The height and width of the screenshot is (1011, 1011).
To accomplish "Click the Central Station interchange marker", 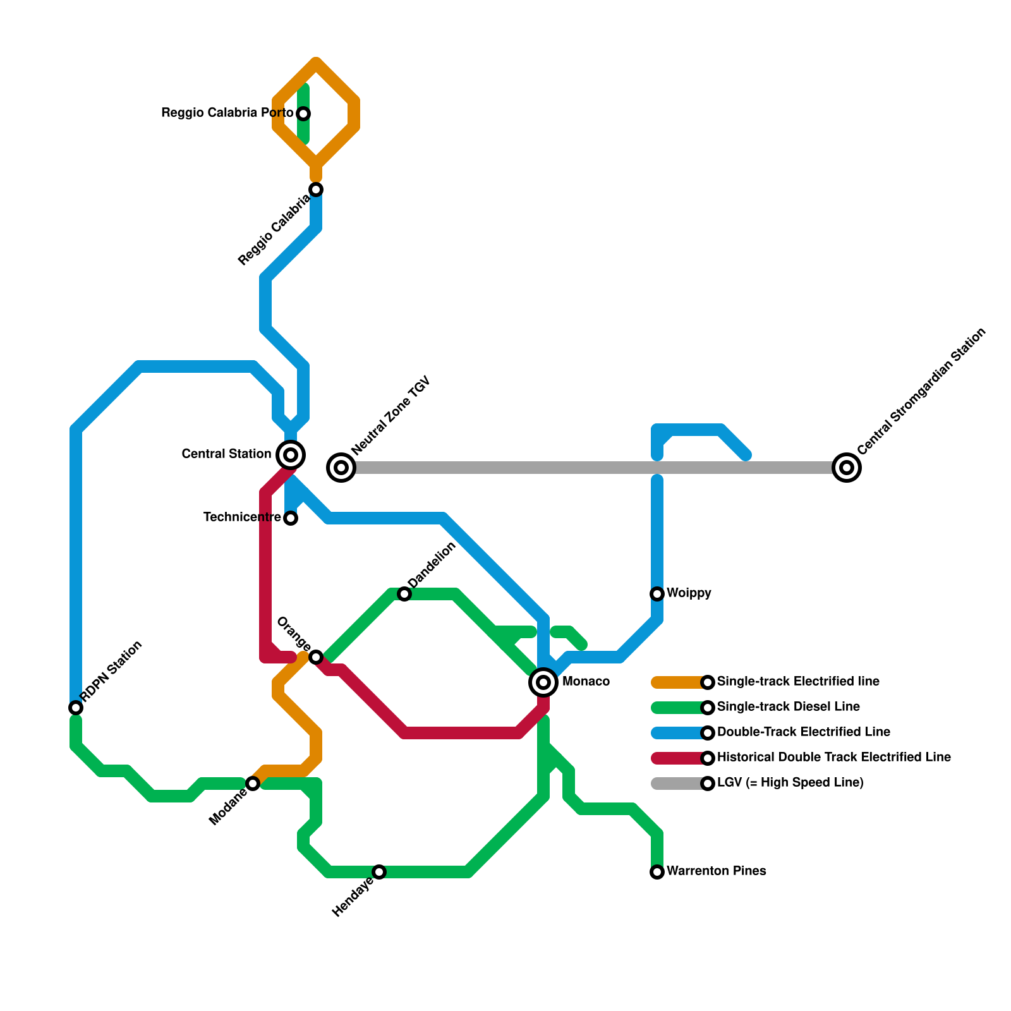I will (x=291, y=454).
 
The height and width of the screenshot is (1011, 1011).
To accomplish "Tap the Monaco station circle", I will (x=543, y=682).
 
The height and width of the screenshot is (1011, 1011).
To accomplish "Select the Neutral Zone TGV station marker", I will (x=341, y=468).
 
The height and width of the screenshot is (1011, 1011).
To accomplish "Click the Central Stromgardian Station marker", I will (x=847, y=468).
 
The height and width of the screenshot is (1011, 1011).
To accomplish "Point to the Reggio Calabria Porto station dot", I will (x=303, y=114).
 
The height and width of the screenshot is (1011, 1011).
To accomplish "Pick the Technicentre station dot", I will (x=291, y=518).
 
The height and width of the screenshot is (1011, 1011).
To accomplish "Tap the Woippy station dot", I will (x=657, y=594).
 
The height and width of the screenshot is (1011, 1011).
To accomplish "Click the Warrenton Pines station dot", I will (x=657, y=872).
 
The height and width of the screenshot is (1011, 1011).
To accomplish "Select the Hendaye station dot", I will (x=379, y=872).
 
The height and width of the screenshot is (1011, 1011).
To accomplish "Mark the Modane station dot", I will (x=253, y=784).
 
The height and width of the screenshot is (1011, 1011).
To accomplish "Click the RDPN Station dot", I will (x=76, y=708).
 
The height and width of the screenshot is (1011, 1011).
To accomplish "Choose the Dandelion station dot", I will (x=404, y=594).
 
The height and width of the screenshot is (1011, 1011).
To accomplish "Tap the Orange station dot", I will (x=316, y=657).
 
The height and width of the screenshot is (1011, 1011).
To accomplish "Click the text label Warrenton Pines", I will (x=716, y=871).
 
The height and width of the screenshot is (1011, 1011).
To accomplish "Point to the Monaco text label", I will (x=586, y=682).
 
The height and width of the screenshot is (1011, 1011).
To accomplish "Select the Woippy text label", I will (x=689, y=593).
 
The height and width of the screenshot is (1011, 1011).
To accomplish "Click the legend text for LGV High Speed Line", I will (x=790, y=783).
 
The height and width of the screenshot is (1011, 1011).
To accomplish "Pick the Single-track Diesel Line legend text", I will (x=788, y=707).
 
